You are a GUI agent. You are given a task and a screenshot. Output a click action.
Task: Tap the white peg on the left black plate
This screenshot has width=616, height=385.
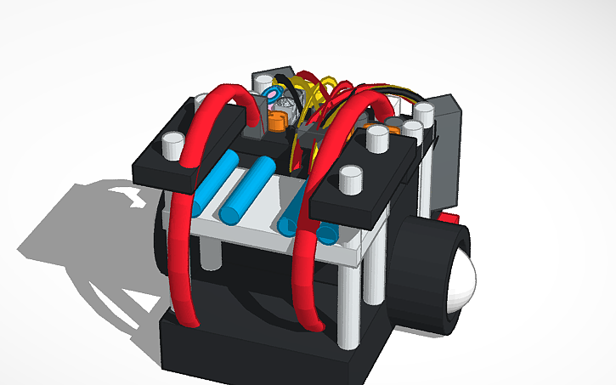tap(172, 145)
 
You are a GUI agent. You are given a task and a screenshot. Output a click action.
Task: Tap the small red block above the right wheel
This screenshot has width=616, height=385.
tap(449, 218)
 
